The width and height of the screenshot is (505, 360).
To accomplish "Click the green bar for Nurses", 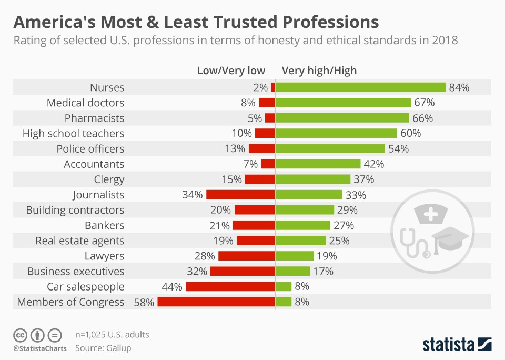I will [360, 87].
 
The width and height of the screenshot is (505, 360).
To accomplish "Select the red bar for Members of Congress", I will [216, 302].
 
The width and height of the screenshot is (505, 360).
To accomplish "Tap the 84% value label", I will [459, 87].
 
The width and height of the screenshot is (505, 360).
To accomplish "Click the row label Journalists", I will [98, 195].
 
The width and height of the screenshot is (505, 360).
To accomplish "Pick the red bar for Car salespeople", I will [230, 287].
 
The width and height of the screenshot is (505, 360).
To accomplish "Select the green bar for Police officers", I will [330, 149].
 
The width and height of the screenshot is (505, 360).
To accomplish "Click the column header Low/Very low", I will [231, 71].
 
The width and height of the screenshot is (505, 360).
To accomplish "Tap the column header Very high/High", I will [319, 71].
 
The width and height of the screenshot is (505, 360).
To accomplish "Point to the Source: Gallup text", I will [103, 348].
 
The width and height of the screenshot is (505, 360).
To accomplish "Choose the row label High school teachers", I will [73, 134].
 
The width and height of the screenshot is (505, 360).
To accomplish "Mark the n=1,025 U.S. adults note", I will [112, 334].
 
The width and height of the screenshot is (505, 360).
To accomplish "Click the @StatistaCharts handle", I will [40, 348].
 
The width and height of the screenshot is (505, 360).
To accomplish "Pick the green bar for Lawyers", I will [295, 256].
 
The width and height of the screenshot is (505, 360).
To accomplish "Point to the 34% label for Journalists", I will [193, 195].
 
